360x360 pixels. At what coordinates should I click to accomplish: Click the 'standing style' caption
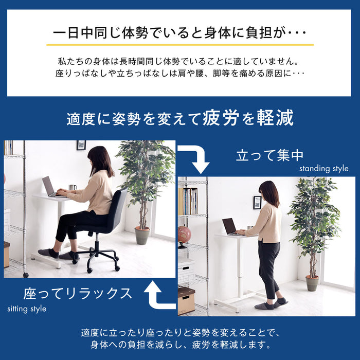click(x=323, y=169)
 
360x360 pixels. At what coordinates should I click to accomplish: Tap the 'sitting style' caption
click(x=27, y=309)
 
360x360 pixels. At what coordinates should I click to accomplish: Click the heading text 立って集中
click(x=269, y=155)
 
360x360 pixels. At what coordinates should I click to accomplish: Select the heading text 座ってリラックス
click(x=78, y=294)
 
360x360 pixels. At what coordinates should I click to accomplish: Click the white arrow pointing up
click(x=157, y=295)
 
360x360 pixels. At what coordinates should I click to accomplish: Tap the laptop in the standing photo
click(x=230, y=226)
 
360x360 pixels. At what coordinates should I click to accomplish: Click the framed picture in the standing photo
click(x=257, y=202)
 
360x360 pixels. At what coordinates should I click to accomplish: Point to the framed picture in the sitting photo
click(x=81, y=145)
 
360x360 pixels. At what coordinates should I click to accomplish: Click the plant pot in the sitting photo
click(x=142, y=236)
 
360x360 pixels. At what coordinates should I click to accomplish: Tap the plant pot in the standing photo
click(x=312, y=283)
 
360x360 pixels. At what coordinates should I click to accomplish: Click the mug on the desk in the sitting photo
click(x=73, y=188)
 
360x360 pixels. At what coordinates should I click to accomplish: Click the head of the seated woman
click(x=99, y=157)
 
